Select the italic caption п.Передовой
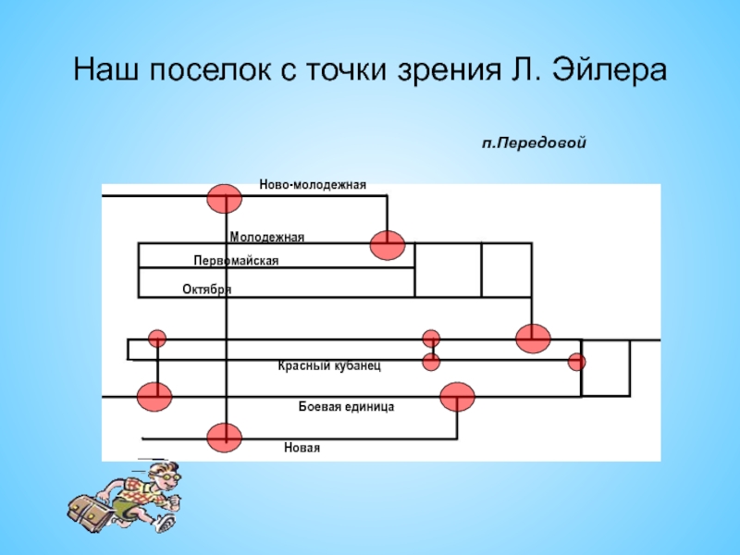(534, 144)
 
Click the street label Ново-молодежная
(313, 185)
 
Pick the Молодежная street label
(266, 238)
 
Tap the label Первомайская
(236, 262)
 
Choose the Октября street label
(206, 290)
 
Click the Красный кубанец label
(329, 366)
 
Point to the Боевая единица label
(347, 406)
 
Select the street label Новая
(302, 448)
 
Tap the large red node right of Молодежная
(388, 244)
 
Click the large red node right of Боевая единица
(457, 397)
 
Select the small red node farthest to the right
(576, 361)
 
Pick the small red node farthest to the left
(157, 338)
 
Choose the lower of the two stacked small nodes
(431, 361)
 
